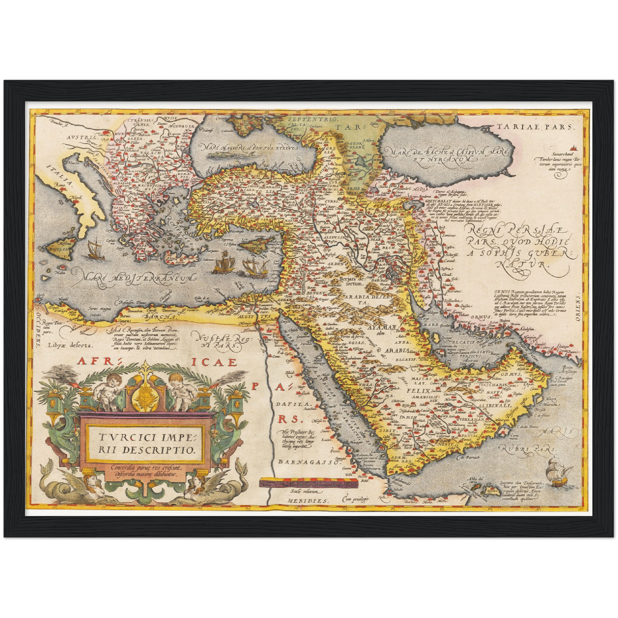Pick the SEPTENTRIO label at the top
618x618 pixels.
coord(307,120)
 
